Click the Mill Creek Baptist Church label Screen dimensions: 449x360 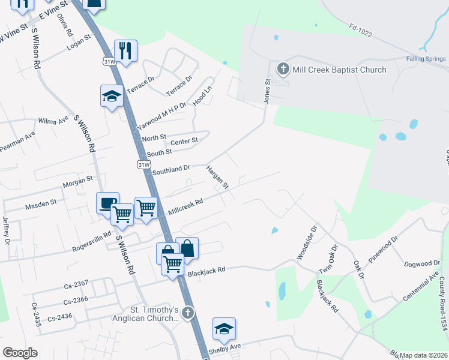339,70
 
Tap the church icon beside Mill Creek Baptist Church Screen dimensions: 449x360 283,69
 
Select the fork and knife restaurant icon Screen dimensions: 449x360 125,50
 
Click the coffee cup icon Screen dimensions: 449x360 108,202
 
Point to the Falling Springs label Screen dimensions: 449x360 425,59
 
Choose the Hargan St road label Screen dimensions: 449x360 217,178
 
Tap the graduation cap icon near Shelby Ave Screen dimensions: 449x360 224,328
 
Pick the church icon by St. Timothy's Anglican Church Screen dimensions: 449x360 188,313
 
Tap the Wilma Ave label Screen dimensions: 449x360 53,121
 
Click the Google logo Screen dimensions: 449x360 20,353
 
